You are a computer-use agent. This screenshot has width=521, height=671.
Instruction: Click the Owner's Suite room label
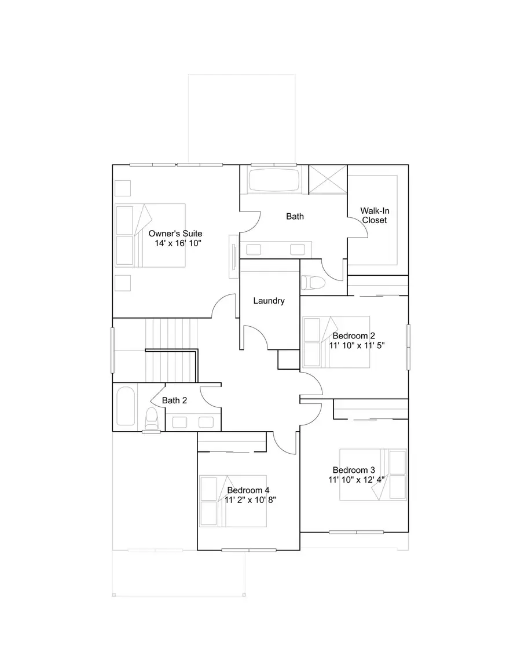[x=175, y=234]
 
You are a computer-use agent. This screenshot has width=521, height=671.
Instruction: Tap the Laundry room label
[x=269, y=301]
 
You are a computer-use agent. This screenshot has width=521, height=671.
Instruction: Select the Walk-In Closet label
[x=375, y=216]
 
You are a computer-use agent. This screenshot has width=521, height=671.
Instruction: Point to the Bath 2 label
[x=174, y=400]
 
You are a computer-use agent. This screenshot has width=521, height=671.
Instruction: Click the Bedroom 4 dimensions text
[x=250, y=499]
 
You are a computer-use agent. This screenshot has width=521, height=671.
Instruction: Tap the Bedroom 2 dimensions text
[x=357, y=345]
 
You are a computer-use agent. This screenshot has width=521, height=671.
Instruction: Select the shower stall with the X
[x=327, y=180]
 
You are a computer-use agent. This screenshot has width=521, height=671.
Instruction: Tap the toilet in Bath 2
[x=152, y=417]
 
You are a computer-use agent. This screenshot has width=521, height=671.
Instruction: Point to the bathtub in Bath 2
[x=126, y=407]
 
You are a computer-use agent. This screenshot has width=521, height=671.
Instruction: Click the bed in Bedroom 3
[x=373, y=475]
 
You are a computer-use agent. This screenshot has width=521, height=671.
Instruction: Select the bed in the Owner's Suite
[x=151, y=235]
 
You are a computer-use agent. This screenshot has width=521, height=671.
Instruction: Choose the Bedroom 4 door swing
[x=285, y=443]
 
